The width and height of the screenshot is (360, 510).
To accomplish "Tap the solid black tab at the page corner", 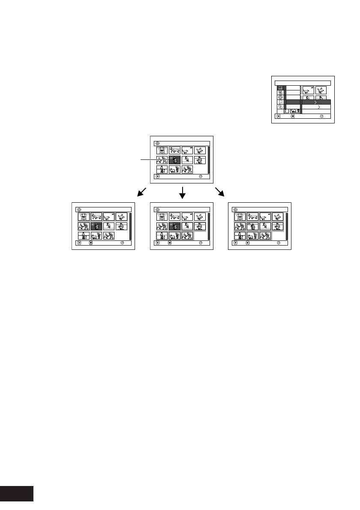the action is pos(16,494).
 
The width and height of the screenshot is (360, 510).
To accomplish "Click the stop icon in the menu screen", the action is pos(292,116).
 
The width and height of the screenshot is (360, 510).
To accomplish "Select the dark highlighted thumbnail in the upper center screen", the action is pos(174,160).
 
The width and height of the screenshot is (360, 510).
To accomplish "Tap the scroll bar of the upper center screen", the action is pos(209,160).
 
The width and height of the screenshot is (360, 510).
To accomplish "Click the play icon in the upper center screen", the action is pos(158,176).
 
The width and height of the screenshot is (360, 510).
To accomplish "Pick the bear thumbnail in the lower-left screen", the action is pos(84,217).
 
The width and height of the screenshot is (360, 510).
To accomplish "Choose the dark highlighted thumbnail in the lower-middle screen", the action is pos(174,226).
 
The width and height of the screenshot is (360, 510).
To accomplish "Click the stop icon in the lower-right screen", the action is pos(247,243).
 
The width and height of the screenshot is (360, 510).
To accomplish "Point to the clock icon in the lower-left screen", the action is pos(122,243).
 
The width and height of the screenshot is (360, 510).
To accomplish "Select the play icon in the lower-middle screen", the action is pos(158,243).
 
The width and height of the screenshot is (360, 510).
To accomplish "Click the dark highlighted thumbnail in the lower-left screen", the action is pos(96,226).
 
